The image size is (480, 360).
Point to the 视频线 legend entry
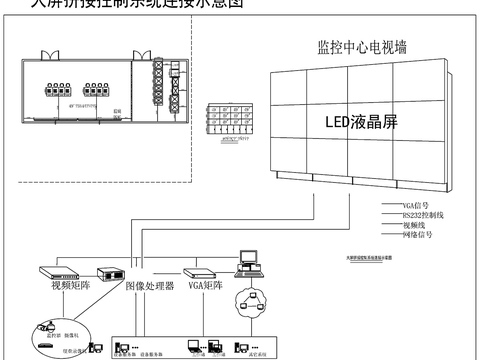[413, 225]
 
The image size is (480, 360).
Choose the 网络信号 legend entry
[416, 235]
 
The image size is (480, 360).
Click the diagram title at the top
[130, 4]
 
